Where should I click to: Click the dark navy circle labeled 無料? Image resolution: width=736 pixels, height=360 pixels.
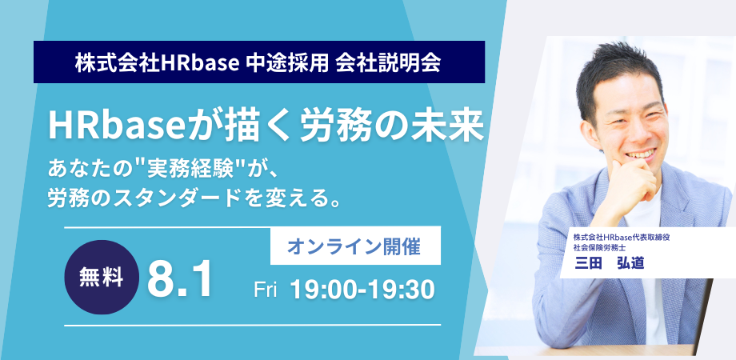coord(102,278)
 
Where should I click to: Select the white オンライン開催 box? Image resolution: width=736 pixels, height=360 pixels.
coord(355,246)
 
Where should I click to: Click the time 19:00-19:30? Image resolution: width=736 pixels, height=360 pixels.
coord(362,290)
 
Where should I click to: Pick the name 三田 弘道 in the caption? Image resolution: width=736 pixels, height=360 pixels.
coord(610,263)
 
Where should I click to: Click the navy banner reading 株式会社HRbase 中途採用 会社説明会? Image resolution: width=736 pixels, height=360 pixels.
coord(259,62)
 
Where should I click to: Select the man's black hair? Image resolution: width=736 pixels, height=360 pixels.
coord(619,75)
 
